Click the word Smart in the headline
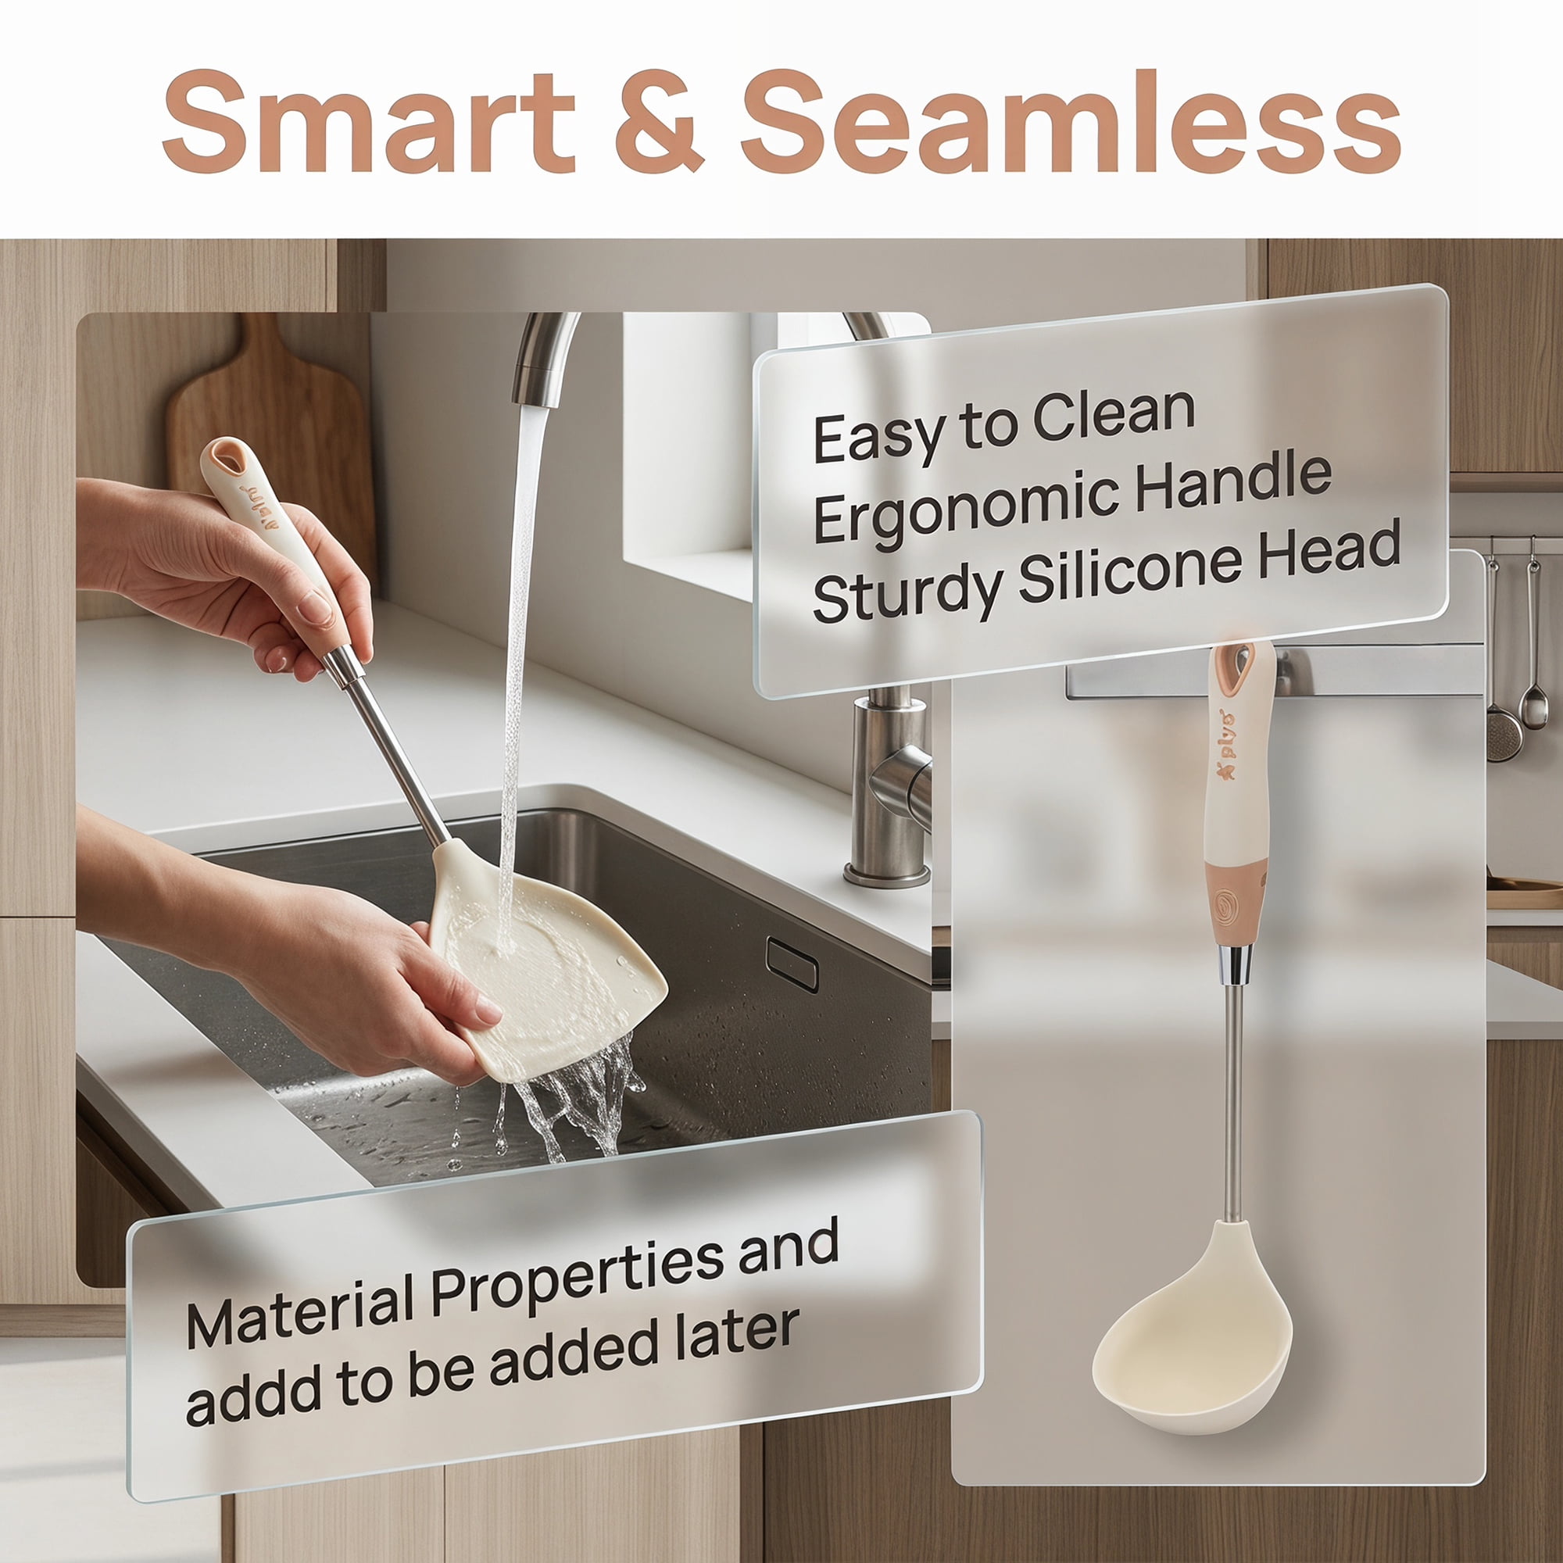369,120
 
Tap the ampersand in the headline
659,120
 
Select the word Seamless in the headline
1071,120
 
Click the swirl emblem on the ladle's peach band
1227,903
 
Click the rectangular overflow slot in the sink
792,964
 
